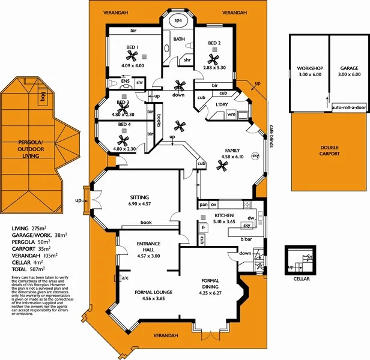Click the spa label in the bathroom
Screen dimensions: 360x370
click(x=178, y=20)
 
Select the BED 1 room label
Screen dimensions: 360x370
click(x=133, y=47)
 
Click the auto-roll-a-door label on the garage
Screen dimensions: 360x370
click(x=348, y=108)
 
